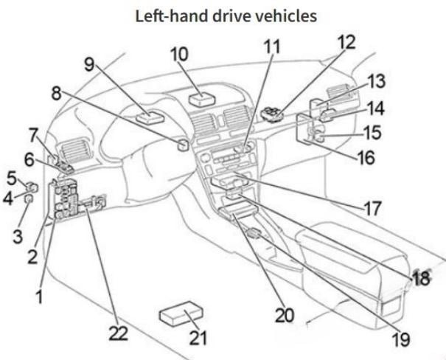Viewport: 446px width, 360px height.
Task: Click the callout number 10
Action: click(x=179, y=55)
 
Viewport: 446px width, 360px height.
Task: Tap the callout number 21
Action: click(x=198, y=338)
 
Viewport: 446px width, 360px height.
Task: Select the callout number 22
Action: click(x=119, y=333)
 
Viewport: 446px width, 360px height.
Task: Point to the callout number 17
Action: click(x=372, y=208)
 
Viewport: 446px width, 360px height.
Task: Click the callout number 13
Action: click(x=377, y=81)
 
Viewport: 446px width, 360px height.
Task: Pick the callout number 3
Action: click(x=18, y=236)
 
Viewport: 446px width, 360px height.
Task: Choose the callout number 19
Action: click(x=401, y=339)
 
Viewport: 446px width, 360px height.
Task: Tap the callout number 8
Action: click(x=56, y=93)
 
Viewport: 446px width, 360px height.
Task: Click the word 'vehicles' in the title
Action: click(x=286, y=16)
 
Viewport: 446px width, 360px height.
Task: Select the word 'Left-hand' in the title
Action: click(x=172, y=16)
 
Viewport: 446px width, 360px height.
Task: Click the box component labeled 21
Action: click(x=181, y=313)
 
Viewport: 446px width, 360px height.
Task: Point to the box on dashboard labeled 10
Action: click(x=202, y=100)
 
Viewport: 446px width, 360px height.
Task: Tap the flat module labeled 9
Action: click(x=150, y=117)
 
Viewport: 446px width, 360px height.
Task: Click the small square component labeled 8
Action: click(x=183, y=145)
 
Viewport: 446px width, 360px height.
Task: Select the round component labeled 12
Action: click(x=272, y=114)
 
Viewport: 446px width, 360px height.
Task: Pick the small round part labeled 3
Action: click(x=28, y=199)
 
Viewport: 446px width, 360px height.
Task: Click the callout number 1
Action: click(x=40, y=297)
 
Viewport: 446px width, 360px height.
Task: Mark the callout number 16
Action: click(x=366, y=158)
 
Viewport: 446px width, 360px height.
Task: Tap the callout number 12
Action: click(x=346, y=43)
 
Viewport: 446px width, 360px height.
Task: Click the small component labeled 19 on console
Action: click(x=254, y=233)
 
